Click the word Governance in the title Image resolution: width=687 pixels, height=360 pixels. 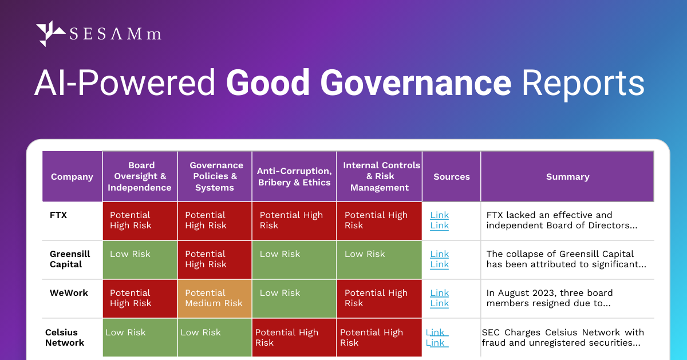pos(416,84)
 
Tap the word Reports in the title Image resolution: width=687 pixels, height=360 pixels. pos(583,84)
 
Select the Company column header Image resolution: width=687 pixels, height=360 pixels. pos(72,177)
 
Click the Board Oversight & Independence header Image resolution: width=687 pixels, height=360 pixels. pos(140,176)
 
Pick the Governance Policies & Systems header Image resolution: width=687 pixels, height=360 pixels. pos(215,176)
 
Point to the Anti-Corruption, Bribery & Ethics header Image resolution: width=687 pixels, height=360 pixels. pos(294,176)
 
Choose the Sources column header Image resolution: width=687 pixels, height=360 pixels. pos(452,177)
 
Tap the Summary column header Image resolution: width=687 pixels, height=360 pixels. pos(567,177)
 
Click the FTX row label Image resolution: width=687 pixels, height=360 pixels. pos(58,215)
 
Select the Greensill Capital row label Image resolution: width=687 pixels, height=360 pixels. pos(66,259)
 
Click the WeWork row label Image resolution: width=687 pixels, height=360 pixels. pos(69,293)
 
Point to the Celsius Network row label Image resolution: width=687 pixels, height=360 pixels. pos(65,338)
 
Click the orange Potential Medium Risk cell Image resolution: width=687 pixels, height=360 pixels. pos(214,298)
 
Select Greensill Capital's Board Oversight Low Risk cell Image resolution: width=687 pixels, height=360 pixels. pos(140,259)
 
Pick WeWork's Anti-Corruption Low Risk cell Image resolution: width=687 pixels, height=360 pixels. pos(294,298)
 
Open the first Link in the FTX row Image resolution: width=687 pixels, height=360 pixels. pos(440,215)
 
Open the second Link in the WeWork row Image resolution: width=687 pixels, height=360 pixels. pos(440,303)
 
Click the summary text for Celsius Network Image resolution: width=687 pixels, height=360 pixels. pos(563,338)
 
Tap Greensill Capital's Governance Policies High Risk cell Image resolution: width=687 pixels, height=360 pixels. pos(214,259)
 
